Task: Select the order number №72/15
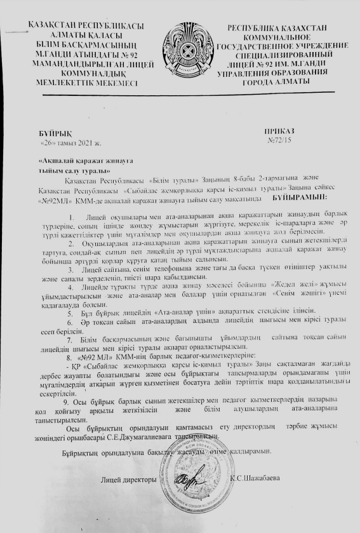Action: click(279, 139)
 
